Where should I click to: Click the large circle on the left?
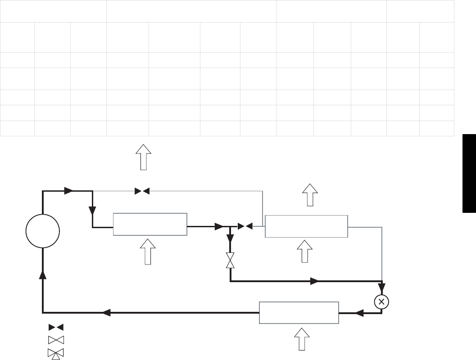tap(43, 231)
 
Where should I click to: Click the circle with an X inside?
tap(381, 302)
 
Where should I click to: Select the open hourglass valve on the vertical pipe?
tap(230, 260)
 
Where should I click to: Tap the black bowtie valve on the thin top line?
tap(142, 191)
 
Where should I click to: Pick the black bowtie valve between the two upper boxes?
tap(245, 226)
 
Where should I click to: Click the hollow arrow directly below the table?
tap(144, 157)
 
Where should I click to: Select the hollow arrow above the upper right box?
tap(310, 194)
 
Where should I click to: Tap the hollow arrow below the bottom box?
tap(302, 338)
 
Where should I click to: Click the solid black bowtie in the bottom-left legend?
tap(56, 327)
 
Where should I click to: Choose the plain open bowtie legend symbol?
tap(56, 339)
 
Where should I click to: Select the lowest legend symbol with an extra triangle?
tap(56, 353)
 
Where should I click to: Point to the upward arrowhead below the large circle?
tap(43, 274)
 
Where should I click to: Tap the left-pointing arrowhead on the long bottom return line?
tap(106, 312)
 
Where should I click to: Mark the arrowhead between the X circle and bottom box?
tap(359, 313)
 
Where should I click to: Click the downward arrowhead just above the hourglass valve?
tap(230, 238)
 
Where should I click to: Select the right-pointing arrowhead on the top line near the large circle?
tap(68, 191)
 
